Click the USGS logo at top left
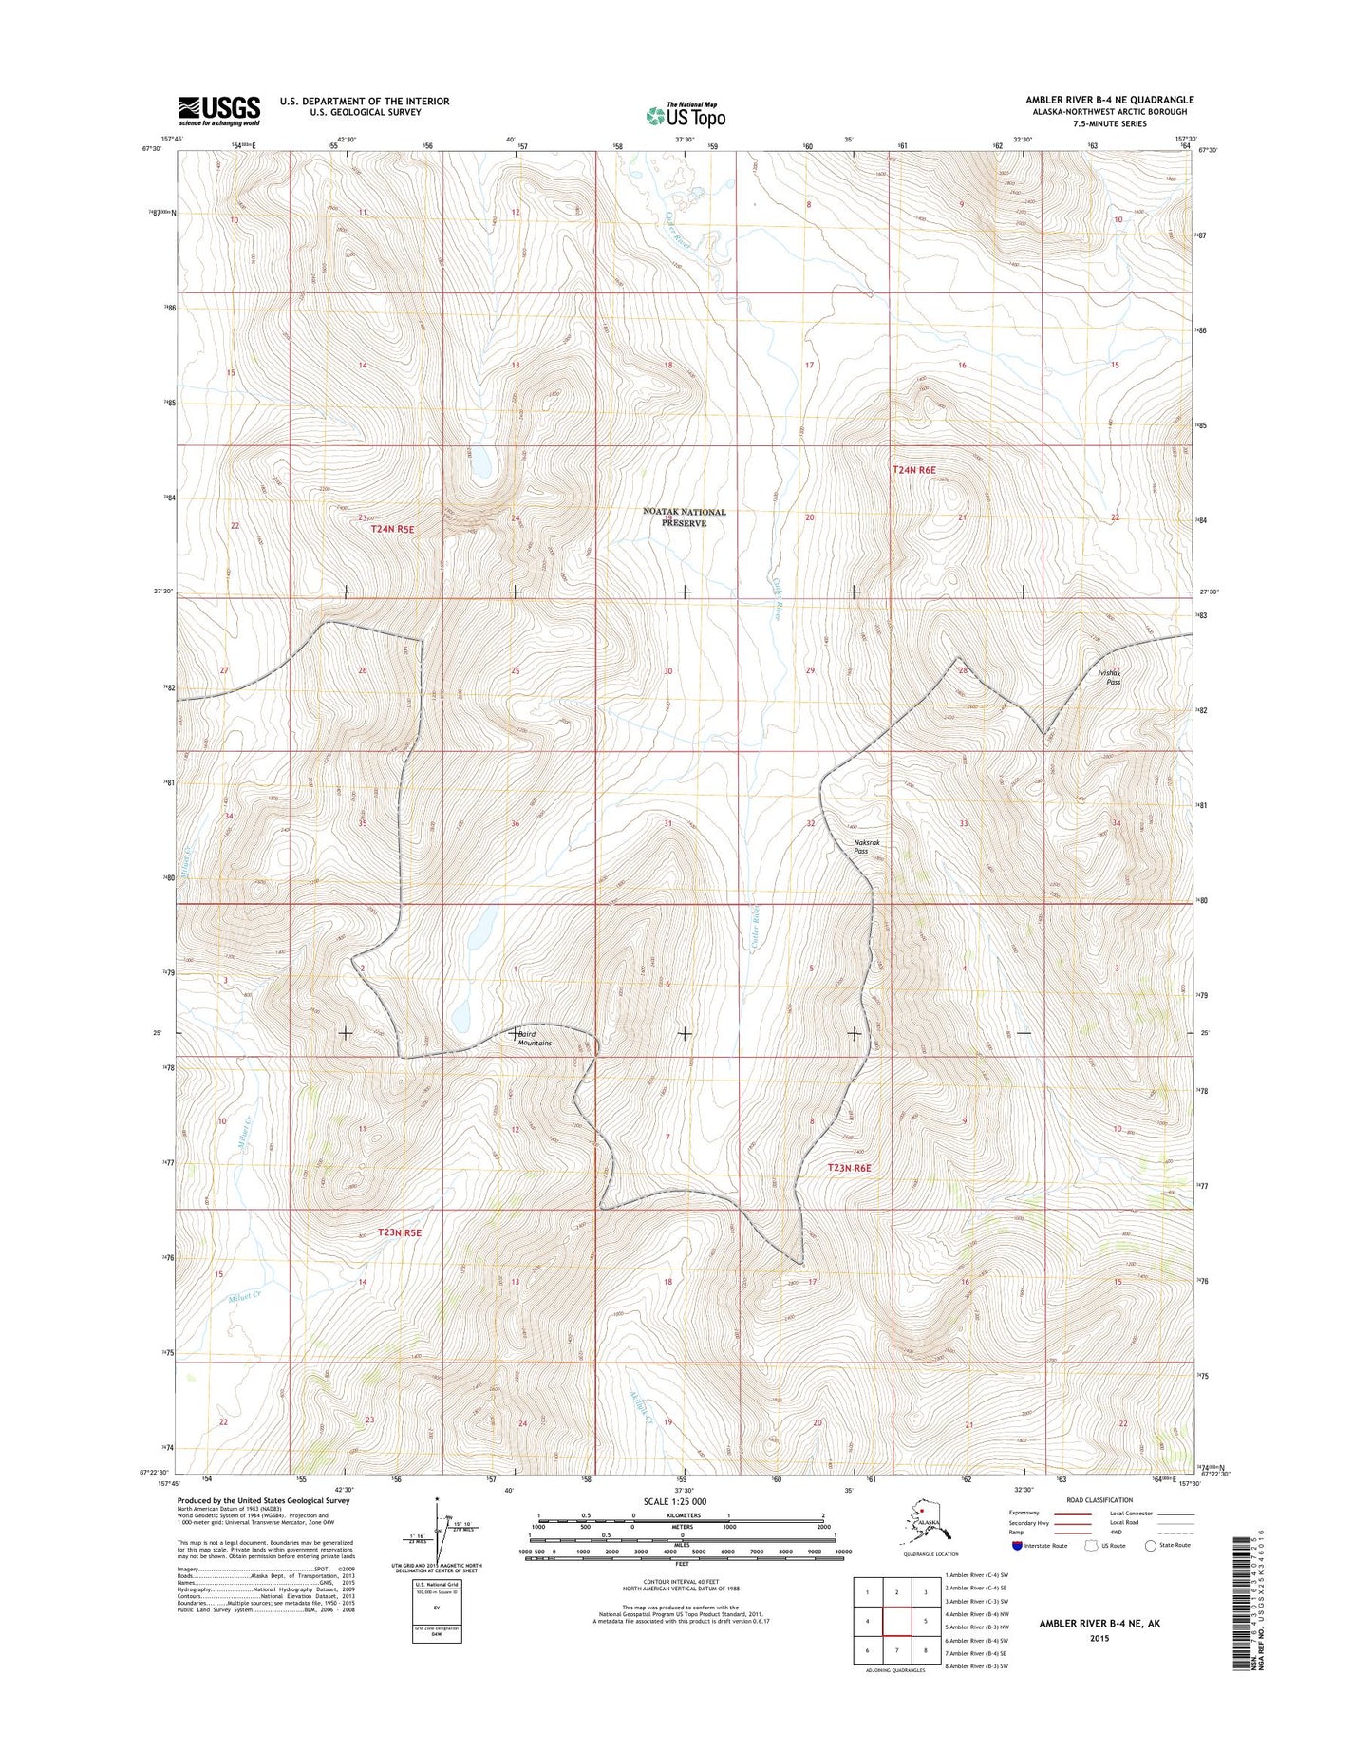tap(218, 110)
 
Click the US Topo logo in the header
tap(686, 115)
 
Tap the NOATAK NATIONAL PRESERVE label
tap(684, 517)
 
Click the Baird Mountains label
tap(534, 1038)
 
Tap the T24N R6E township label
tap(913, 470)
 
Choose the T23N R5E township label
tap(399, 1232)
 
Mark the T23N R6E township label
tap(849, 1168)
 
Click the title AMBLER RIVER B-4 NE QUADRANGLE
tap(1109, 100)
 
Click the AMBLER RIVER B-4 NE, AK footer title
tap(1099, 1623)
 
